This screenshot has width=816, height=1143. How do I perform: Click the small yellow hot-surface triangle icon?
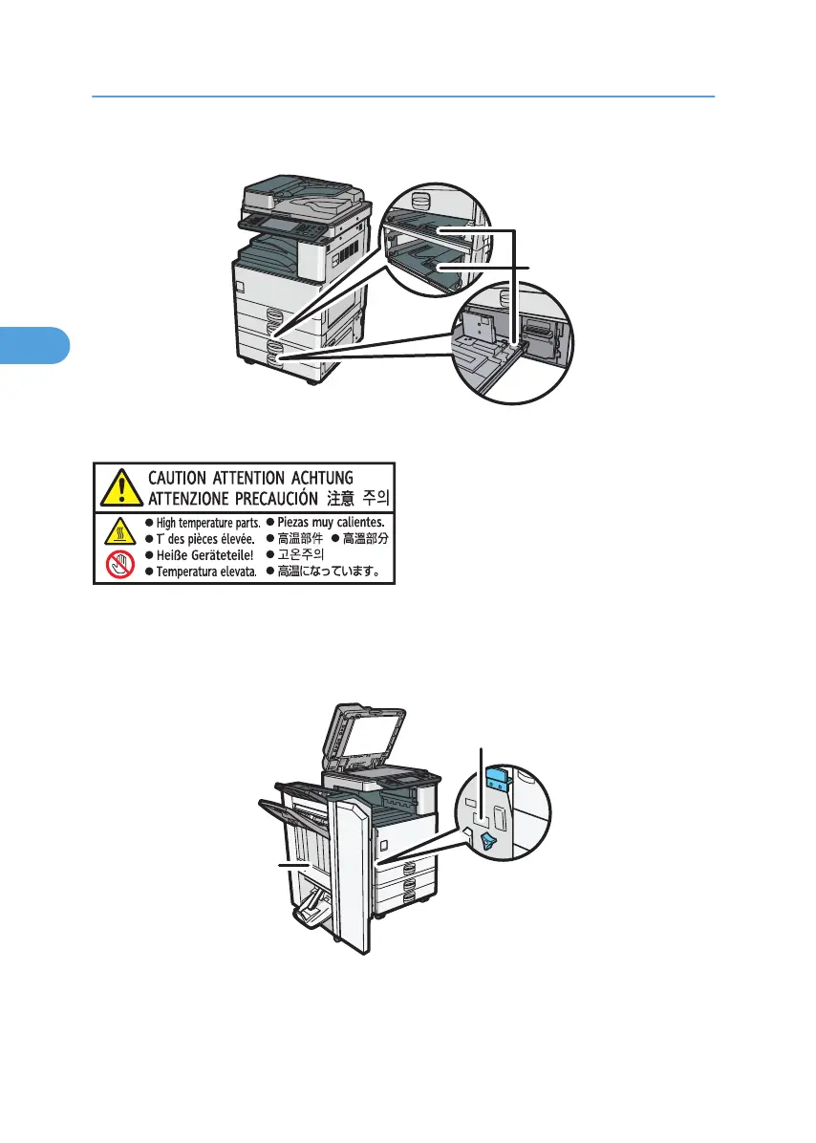pyautogui.click(x=116, y=530)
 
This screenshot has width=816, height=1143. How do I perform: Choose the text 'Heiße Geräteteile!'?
pyautogui.click(x=195, y=555)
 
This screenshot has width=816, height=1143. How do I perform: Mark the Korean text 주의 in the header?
pyautogui.click(x=374, y=499)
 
